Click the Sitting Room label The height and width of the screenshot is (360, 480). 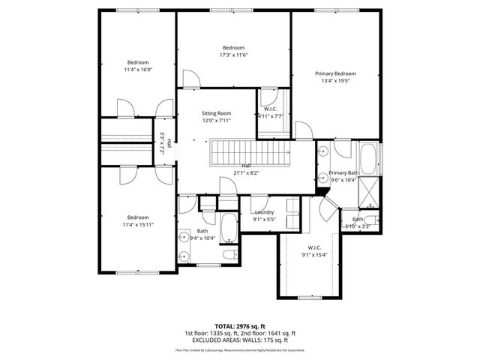point(215,112)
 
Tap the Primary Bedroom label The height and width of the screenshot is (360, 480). point(334,73)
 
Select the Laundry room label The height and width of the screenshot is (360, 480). point(263,212)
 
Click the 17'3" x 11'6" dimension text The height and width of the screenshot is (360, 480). point(233,55)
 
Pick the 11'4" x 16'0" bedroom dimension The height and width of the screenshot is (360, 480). point(138,69)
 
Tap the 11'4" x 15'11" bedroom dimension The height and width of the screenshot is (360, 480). point(138,224)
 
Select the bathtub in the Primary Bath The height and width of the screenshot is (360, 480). point(369,159)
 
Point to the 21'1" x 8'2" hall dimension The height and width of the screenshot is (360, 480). point(246,172)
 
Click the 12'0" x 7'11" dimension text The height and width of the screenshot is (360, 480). point(215,120)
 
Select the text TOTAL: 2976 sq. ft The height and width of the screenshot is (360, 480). point(239,325)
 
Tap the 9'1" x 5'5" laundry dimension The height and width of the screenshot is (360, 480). point(263,220)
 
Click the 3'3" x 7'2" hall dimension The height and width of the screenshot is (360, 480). point(163,142)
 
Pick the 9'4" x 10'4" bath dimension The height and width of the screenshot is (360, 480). point(202,238)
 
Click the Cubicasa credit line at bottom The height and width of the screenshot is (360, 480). point(239,349)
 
